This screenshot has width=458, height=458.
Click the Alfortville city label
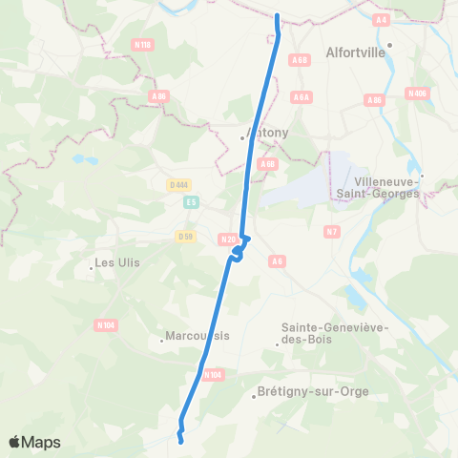point(356,52)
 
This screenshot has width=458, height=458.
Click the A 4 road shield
point(383,19)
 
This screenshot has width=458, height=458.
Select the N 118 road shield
point(144,44)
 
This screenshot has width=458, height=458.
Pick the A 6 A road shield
point(302,96)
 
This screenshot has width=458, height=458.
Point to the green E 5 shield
point(191,201)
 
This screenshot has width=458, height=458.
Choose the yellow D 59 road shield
point(186,236)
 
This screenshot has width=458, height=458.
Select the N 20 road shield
point(227,239)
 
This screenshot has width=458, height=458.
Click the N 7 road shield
point(332,231)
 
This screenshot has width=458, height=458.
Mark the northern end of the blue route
point(277,16)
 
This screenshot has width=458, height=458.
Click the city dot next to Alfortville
point(389,44)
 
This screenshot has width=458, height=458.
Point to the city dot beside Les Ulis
point(91,267)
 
